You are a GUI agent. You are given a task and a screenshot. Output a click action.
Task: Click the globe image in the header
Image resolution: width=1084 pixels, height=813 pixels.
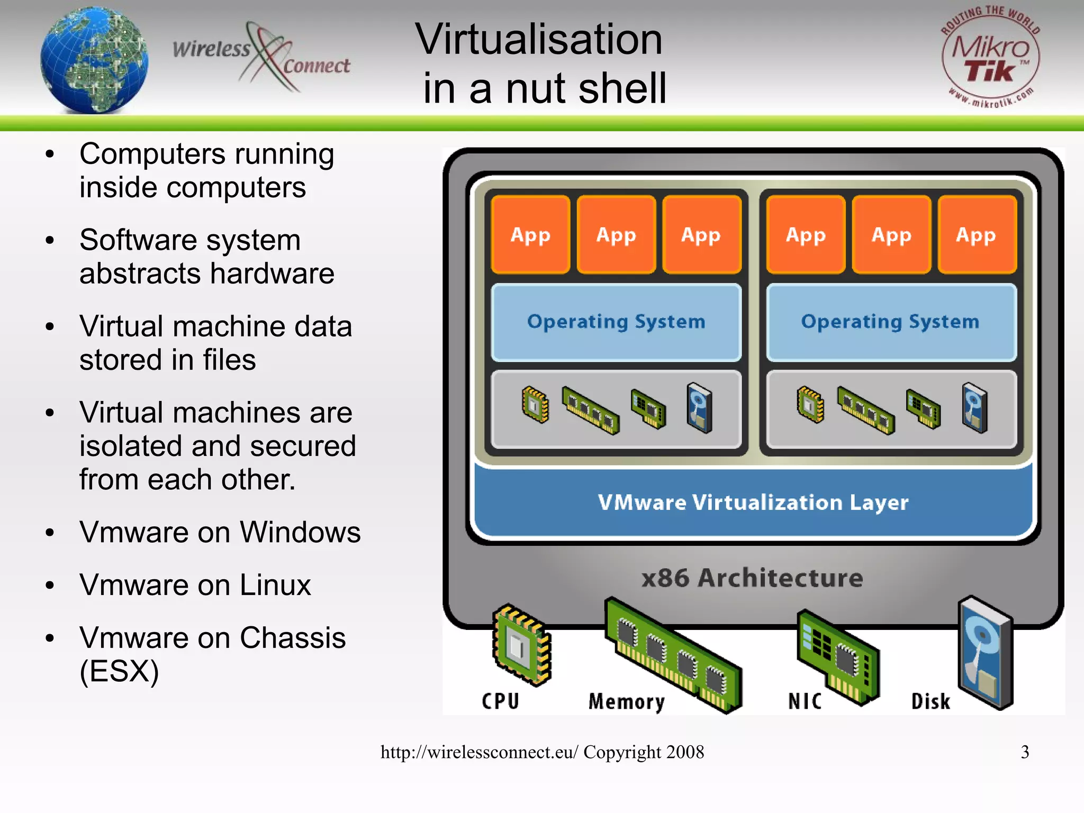[x=94, y=59]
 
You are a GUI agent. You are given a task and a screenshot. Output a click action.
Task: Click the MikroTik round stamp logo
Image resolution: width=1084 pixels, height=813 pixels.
[x=990, y=58]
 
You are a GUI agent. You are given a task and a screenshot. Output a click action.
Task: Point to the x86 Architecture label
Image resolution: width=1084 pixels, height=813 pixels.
[x=752, y=578]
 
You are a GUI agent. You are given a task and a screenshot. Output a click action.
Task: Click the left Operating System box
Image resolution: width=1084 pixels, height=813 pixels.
[x=616, y=322]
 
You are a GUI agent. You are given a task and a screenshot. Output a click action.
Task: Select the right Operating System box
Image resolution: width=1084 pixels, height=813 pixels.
[x=891, y=322]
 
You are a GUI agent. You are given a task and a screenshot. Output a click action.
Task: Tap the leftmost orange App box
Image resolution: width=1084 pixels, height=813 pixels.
[x=530, y=234]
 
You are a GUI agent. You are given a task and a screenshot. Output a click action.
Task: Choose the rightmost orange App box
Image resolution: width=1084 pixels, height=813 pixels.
[x=977, y=234]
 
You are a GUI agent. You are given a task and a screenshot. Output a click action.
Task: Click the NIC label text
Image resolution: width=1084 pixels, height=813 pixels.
[x=805, y=701]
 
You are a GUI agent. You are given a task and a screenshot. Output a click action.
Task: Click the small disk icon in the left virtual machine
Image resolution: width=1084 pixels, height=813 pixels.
[x=699, y=408]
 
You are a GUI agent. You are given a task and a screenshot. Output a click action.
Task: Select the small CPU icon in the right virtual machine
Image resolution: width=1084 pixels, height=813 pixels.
[x=810, y=405]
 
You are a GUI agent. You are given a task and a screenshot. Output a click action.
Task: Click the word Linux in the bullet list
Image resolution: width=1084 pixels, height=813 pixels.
[x=275, y=586]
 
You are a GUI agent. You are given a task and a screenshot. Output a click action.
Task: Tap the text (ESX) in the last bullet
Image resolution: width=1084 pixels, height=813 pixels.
[x=119, y=671]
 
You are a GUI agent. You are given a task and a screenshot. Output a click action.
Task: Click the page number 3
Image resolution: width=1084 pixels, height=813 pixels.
[x=1025, y=752]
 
